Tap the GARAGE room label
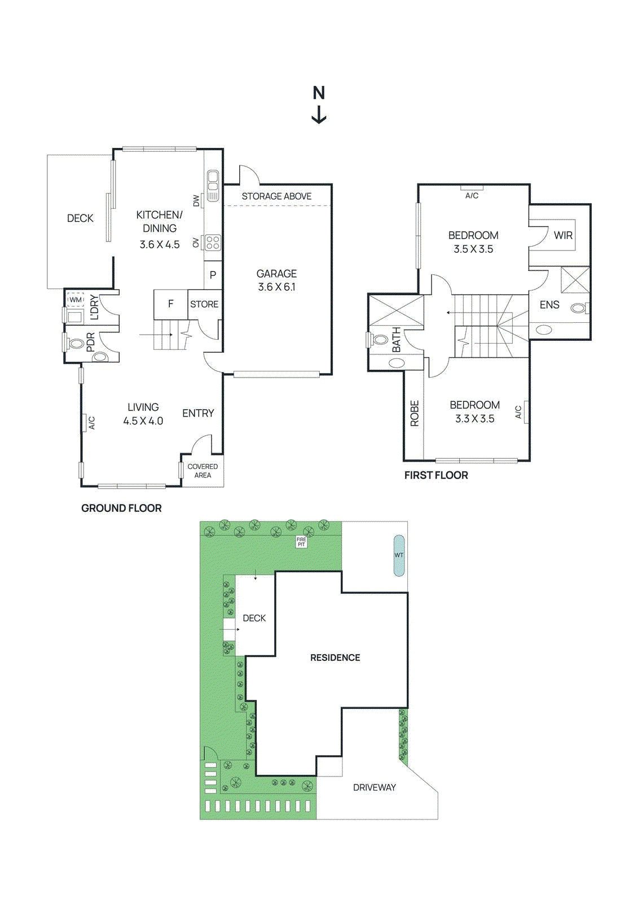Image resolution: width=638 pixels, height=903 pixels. [x=276, y=274]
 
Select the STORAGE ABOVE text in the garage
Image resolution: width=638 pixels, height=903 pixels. [x=276, y=196]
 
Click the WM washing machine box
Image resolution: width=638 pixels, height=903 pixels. [x=76, y=300]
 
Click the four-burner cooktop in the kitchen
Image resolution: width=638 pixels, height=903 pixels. [x=213, y=243]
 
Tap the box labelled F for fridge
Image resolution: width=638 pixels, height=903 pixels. [x=170, y=304]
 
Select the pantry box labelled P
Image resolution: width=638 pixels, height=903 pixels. [x=213, y=275]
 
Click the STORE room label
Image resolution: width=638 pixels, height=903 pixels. [x=204, y=304]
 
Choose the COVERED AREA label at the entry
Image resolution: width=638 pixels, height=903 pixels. [x=203, y=471]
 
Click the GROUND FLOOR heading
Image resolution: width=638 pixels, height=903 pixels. [x=121, y=508]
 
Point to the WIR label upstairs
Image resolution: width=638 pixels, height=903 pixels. [x=563, y=235]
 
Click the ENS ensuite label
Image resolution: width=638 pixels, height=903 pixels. [x=549, y=305]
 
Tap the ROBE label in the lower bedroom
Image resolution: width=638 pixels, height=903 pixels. [x=415, y=413]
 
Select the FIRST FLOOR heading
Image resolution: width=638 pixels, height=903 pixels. [x=436, y=475]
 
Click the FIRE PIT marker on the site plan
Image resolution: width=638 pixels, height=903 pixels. [x=301, y=542]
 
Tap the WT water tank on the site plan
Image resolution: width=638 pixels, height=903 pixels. [x=399, y=555]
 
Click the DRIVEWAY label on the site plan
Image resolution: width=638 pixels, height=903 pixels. [x=374, y=787]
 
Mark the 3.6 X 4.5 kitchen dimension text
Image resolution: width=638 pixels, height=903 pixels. [x=160, y=244]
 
